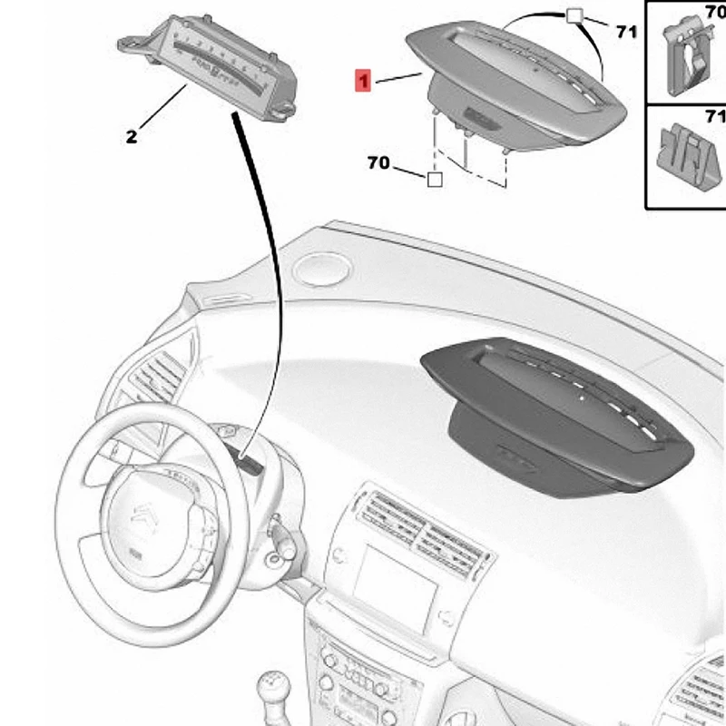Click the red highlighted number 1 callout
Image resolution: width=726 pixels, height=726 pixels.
point(362,83)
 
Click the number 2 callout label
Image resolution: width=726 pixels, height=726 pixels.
point(132,137)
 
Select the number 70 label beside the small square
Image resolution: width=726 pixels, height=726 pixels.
point(378,163)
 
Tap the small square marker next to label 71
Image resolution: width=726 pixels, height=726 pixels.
point(574,15)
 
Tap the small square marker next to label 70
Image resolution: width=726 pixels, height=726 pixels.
point(435,180)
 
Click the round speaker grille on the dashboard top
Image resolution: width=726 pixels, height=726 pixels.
point(319,268)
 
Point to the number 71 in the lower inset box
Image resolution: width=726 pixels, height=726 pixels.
point(715,117)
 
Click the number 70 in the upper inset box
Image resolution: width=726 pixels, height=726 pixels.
point(715,12)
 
